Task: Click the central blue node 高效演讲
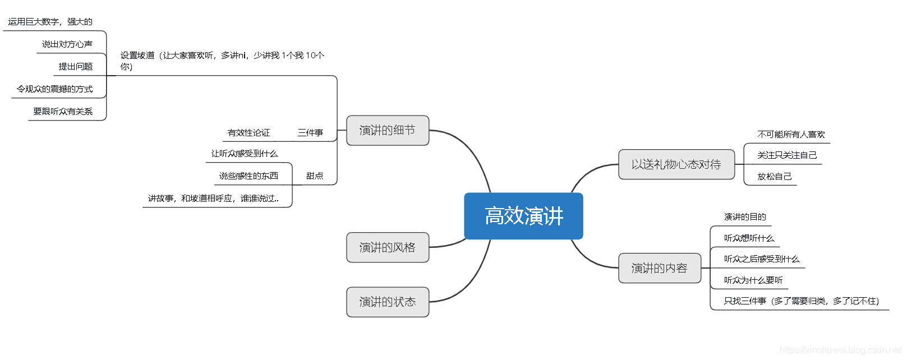click(x=523, y=216)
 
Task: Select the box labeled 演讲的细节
click(x=388, y=130)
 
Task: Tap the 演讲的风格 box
click(x=388, y=247)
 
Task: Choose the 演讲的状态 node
click(x=388, y=302)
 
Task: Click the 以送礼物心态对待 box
click(x=676, y=164)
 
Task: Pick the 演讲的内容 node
click(x=659, y=268)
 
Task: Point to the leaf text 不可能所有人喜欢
click(x=791, y=135)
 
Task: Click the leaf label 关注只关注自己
click(x=787, y=155)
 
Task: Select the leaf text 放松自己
click(x=774, y=177)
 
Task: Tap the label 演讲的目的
click(x=745, y=217)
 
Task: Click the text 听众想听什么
click(x=749, y=238)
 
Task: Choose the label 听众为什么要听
click(x=753, y=280)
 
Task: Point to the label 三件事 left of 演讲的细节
click(x=310, y=133)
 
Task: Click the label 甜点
click(x=315, y=176)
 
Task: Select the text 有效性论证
click(x=248, y=133)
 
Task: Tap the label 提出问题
click(x=76, y=67)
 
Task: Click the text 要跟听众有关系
click(x=63, y=112)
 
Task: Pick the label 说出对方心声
click(x=67, y=44)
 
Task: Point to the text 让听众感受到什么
click(x=245, y=154)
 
